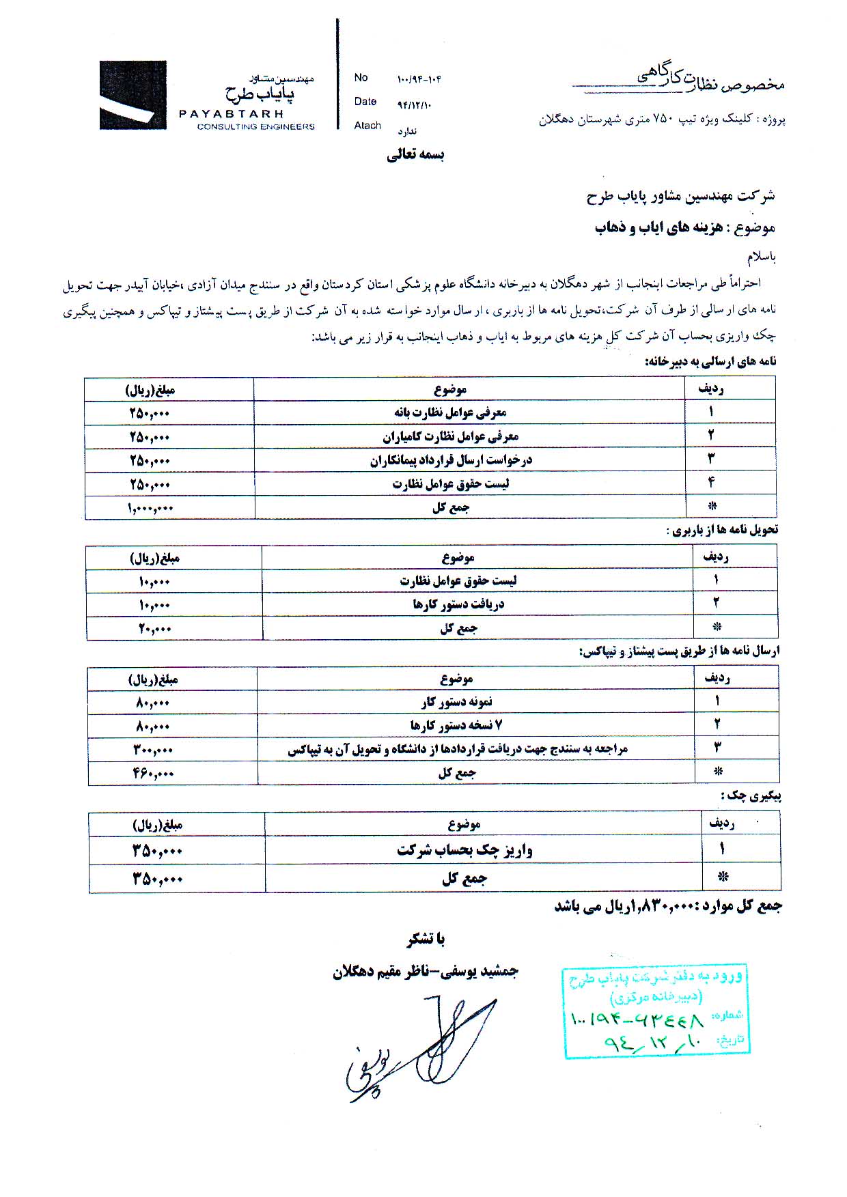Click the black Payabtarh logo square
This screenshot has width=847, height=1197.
133,95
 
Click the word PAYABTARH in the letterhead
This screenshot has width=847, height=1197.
231,114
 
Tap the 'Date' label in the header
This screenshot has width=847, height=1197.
365,102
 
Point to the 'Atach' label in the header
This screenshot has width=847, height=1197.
367,126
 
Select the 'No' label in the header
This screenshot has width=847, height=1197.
361,78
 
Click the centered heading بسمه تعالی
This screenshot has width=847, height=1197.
415,156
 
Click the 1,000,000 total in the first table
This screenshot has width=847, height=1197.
150,508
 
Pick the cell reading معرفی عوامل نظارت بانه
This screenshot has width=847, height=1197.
450,412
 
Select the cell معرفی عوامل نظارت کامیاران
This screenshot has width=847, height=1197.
450,436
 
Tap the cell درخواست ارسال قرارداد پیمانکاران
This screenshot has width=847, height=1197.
451,460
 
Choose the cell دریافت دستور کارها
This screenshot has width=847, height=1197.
458,604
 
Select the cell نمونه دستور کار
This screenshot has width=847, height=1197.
456,702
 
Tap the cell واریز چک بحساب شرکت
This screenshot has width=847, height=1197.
464,851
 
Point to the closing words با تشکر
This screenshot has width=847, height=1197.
426,940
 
